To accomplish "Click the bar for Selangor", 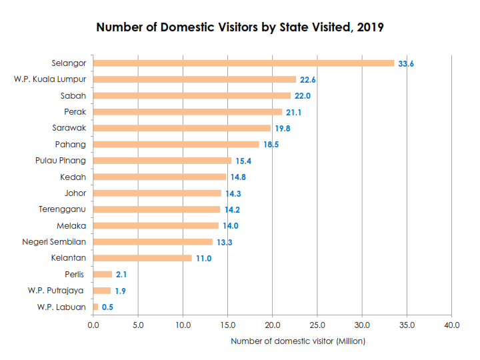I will [x=243, y=63].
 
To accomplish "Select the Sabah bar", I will [x=192, y=96].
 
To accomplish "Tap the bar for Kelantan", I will [x=142, y=258].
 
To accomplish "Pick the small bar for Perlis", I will [x=103, y=274].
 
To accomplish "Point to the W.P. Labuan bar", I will [x=95, y=307].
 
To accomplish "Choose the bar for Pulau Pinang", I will [x=162, y=161].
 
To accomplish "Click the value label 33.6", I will [x=406, y=64].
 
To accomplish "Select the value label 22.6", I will [x=307, y=80].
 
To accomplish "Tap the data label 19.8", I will [x=283, y=129].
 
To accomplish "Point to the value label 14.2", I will [x=232, y=209].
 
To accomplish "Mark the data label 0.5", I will [x=107, y=307].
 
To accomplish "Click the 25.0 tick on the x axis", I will [x=317, y=325].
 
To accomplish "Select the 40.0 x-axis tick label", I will [x=451, y=325].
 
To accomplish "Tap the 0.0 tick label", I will [x=93, y=325].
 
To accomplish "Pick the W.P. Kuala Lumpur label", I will [x=50, y=79].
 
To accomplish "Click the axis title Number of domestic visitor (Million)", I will [x=298, y=341].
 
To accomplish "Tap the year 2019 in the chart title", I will [x=370, y=28].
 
